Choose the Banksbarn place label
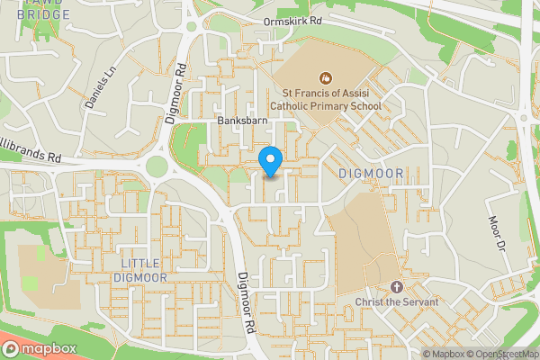click(244, 120)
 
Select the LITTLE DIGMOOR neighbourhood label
click(141, 270)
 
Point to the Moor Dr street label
click(495, 233)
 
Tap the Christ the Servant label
click(396, 301)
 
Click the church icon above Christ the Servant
click(396, 286)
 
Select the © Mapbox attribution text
click(444, 354)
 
